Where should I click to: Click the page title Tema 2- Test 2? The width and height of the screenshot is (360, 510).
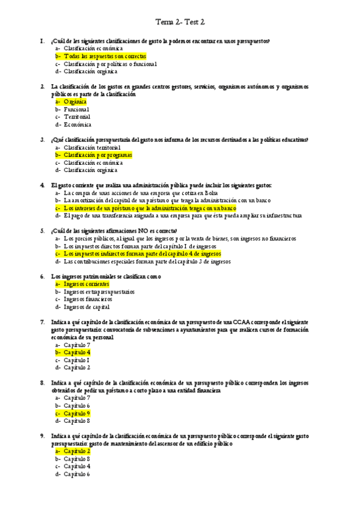[180, 22]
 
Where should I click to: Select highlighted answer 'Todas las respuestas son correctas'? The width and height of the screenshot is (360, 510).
[105, 56]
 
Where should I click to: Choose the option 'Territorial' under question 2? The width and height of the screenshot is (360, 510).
[78, 117]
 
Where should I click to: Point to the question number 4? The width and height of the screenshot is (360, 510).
[42, 185]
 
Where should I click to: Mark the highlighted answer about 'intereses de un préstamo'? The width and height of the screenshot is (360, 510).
[150, 208]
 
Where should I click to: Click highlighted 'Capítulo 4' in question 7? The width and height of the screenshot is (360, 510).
[77, 352]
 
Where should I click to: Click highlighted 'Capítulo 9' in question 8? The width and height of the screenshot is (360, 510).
[77, 413]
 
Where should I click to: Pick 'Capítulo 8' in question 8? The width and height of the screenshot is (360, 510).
[77, 421]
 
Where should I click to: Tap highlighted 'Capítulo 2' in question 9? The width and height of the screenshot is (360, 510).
[77, 451]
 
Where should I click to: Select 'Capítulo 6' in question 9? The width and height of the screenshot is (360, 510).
[77, 474]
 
